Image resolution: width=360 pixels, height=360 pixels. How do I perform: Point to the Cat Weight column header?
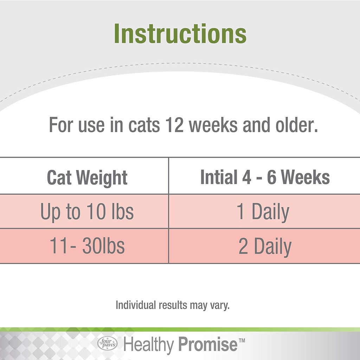87,178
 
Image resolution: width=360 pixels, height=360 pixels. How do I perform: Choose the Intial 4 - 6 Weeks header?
265,178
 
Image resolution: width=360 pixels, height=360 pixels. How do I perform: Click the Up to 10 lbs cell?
87,212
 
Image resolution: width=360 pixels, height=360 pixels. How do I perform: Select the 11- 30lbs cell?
87,246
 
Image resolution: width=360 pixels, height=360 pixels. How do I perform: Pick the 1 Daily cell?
263,212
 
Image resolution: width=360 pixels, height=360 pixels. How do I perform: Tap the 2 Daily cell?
265,246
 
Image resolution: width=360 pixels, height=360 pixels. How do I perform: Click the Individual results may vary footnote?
172,305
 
